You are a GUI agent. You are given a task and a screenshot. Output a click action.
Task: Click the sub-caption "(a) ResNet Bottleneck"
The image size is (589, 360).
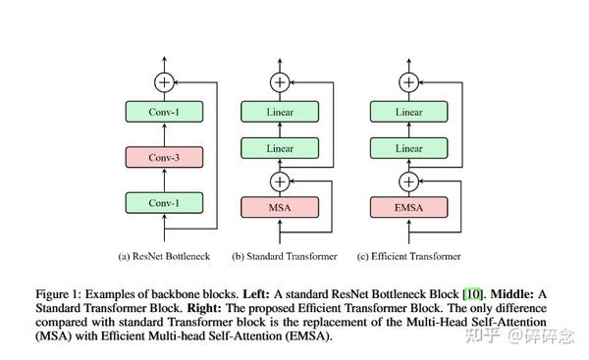pos(164,256)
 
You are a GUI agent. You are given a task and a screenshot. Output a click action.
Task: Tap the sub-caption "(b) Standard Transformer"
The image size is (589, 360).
pos(285,256)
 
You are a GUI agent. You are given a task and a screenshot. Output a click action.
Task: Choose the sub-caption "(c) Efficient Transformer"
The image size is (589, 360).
pos(408,256)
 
